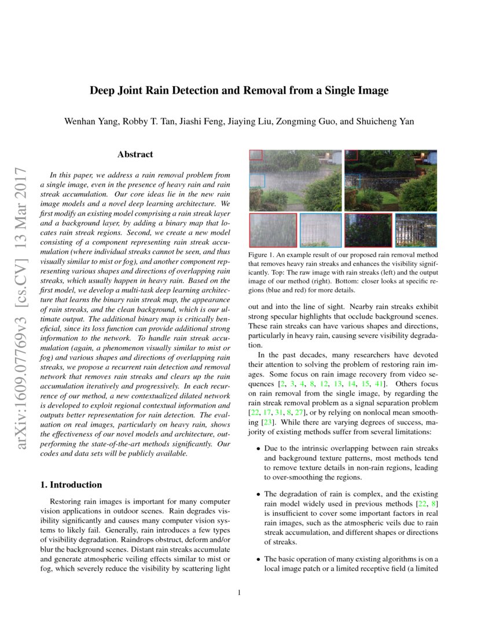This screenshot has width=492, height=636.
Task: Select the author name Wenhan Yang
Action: coord(87,121)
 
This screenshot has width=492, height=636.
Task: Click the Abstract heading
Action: coord(135,154)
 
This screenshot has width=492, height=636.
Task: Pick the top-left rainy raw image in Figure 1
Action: coord(295,180)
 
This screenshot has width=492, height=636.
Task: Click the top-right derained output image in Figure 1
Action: coord(390,180)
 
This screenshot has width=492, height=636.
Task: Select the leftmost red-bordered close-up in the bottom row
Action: coord(273,230)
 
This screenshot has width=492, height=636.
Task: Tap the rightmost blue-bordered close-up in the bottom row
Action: coord(416,230)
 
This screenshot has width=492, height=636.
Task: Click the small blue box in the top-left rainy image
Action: coord(256,181)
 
